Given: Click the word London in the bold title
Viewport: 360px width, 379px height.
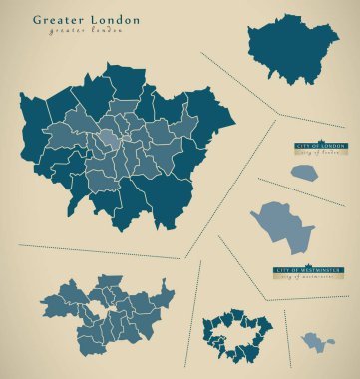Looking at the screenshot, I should [113, 20].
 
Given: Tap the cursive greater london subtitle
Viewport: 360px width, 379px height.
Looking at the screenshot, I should [86, 32].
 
